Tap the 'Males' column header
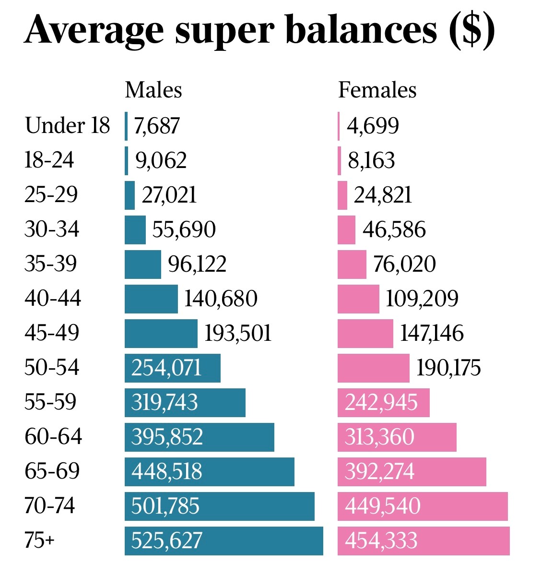153,90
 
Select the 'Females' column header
377,90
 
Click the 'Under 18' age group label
67,126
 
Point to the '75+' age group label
39,541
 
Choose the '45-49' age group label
52,333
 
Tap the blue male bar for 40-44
151,299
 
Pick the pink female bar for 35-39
352,264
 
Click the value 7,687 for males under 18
157,126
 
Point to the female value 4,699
373,126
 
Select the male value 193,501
238,333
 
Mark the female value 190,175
448,368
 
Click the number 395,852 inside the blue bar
167,437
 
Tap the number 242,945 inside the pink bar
381,402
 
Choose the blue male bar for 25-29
129,195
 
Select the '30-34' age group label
52,229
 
